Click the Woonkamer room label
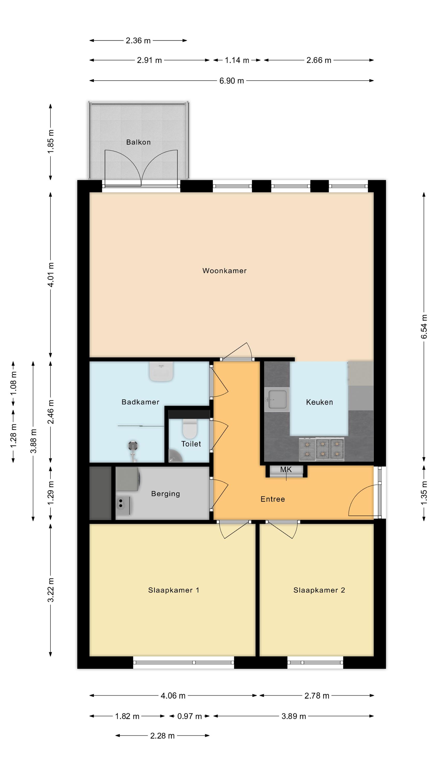tap(224, 271)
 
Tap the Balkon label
tap(139, 142)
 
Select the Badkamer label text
tap(140, 402)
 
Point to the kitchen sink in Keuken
tap(277, 400)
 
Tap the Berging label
tap(166, 494)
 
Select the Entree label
tap(273, 499)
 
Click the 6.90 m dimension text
tap(232, 81)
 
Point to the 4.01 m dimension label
tap(51, 274)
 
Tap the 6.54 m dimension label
tap(424, 326)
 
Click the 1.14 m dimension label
tap(237, 60)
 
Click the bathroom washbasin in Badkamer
tap(161, 371)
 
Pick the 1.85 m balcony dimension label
tap(51, 141)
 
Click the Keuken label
tap(319, 402)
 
